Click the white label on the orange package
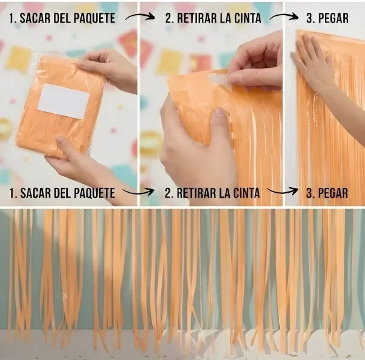click(63, 101)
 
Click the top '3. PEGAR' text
click(327, 18)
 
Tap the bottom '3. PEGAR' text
click(327, 193)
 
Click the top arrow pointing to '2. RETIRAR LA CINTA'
click(140, 17)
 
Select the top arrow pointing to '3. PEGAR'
click(284, 17)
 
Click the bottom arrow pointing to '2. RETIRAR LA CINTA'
click(138, 192)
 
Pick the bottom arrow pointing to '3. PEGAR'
click(282, 192)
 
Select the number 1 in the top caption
click(11, 18)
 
